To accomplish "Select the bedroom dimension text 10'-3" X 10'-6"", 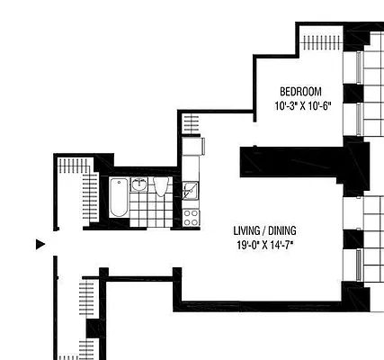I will [x=303, y=106].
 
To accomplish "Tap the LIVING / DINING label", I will [x=264, y=229].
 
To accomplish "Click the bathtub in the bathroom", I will [x=119, y=197].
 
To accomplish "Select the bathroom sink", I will [x=139, y=184].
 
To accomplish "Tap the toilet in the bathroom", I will [x=162, y=187].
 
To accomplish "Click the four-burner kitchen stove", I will [x=191, y=217].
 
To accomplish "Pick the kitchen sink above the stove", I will [x=191, y=191].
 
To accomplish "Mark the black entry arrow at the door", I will [x=40, y=244].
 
